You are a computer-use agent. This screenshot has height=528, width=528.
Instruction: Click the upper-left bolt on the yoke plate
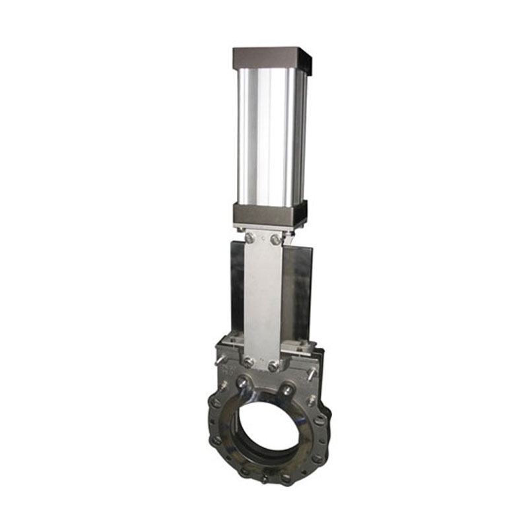pyautogui.click(x=249, y=237)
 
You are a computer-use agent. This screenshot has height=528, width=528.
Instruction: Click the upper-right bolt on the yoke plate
pyautogui.click(x=275, y=240)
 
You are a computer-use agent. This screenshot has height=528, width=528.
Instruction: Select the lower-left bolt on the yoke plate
pyautogui.click(x=247, y=362)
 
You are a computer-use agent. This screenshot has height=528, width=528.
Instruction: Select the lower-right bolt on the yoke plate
pyautogui.click(x=273, y=366)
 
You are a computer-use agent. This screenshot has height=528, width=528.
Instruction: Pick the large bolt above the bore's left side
pyautogui.click(x=244, y=381)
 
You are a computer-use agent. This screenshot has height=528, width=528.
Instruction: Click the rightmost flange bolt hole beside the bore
pyautogui.click(x=323, y=440)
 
